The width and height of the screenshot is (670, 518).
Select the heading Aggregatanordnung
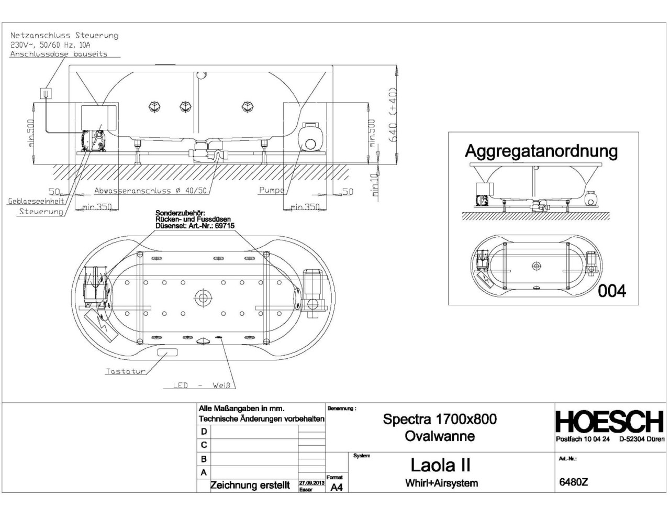541,151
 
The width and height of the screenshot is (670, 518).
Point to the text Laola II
440,465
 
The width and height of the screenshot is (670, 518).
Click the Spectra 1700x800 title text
440,419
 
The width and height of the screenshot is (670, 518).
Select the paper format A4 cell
337,487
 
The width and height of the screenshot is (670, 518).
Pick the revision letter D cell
204,432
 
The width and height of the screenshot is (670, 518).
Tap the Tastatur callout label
125,371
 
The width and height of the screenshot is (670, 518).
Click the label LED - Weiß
201,385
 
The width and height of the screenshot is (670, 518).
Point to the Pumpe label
271,191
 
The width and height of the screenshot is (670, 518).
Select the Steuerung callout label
41,212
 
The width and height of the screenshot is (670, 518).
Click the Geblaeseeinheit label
36,201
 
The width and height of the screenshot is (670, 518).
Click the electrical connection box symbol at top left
47,93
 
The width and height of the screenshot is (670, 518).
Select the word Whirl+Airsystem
441,483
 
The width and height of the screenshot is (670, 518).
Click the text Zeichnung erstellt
250,486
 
